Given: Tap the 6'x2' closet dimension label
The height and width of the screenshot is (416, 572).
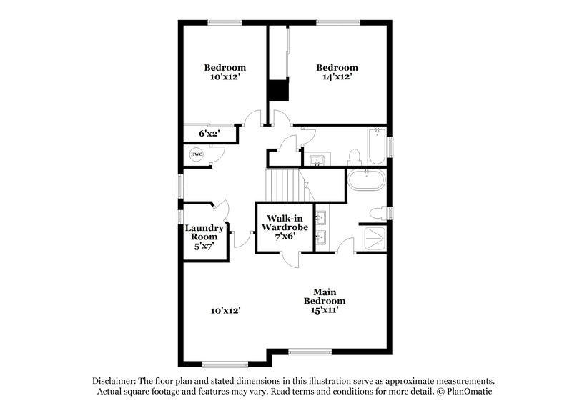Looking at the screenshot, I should click(x=208, y=133).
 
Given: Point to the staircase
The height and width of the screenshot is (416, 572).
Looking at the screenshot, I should click(x=282, y=185).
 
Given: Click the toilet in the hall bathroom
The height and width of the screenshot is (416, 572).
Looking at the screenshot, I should click(x=354, y=157).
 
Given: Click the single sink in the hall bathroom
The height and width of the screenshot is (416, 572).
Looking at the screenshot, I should click(x=315, y=158).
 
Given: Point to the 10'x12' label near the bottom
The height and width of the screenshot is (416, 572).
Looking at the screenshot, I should click(x=225, y=310).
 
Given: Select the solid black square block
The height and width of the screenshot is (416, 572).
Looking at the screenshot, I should click(x=277, y=91).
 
